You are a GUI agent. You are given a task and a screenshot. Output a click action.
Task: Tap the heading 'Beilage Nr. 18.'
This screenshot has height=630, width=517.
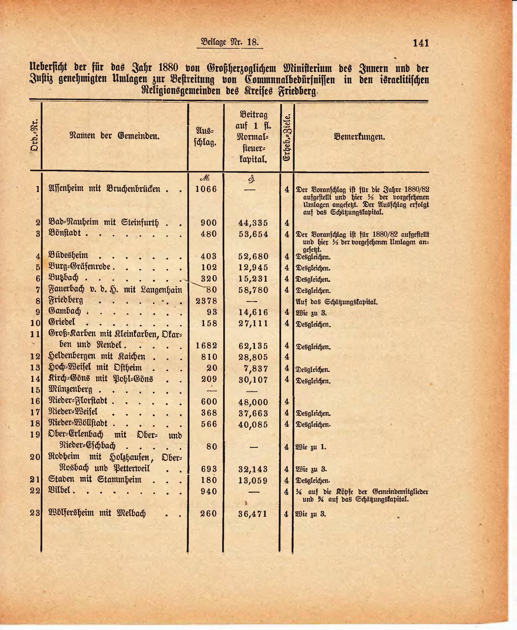click(x=230, y=42)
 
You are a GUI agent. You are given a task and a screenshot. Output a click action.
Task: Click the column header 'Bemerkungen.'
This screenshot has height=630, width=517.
click(x=359, y=137)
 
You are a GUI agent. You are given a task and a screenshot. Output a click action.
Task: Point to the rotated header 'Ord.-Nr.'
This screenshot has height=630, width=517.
click(x=35, y=135)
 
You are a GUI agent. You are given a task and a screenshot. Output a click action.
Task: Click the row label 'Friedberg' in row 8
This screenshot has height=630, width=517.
click(x=66, y=300)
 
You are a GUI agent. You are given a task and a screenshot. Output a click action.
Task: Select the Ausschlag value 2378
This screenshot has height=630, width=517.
click(x=206, y=301)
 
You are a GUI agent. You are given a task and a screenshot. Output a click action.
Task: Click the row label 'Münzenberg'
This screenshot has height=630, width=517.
click(x=70, y=389)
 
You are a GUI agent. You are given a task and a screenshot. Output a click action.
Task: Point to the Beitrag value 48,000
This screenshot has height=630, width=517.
click(x=253, y=402)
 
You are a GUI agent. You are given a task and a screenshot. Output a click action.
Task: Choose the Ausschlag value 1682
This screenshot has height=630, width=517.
click(x=206, y=346)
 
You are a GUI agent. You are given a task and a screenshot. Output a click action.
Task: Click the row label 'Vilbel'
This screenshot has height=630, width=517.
click(x=60, y=490)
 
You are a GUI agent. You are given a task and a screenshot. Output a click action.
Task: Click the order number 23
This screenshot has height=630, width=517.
click(x=35, y=513)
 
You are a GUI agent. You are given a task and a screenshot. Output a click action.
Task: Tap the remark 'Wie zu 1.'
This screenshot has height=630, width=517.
click(x=311, y=447)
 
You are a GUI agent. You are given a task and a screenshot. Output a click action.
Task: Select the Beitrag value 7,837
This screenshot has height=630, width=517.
click(x=255, y=368)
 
